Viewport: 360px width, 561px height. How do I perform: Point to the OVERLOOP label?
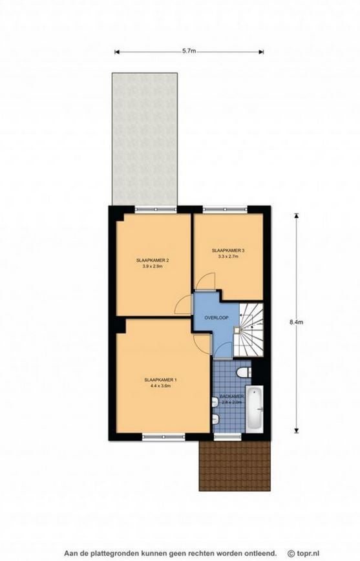217,318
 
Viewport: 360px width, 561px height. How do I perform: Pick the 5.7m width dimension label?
189,51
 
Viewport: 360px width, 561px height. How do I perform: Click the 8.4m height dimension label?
296,322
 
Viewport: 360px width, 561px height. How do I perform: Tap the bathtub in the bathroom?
255,408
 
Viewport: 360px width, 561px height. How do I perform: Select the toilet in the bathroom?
244,372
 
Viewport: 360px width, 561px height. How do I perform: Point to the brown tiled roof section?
235,465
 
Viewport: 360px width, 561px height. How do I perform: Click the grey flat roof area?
145,139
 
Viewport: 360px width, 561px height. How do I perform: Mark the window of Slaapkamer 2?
156,210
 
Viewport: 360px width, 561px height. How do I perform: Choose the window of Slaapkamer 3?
225,210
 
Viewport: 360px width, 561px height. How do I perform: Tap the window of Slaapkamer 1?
164,437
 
